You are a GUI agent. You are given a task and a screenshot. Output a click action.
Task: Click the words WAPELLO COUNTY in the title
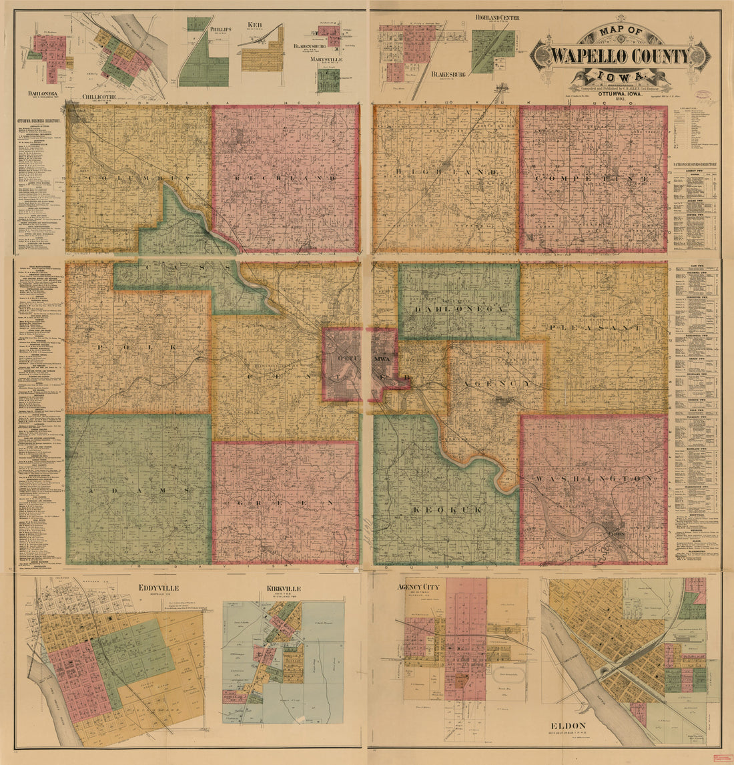tap(621, 55)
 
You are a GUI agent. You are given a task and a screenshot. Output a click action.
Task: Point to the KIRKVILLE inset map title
tap(283, 589)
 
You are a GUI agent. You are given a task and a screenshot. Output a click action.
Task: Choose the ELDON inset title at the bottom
tap(568, 726)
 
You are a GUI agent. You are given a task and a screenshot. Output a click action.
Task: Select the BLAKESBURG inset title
tap(448, 74)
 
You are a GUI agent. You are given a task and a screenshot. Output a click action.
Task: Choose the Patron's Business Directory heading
tap(695, 163)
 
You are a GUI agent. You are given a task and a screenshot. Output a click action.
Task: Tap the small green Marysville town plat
tap(328, 79)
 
